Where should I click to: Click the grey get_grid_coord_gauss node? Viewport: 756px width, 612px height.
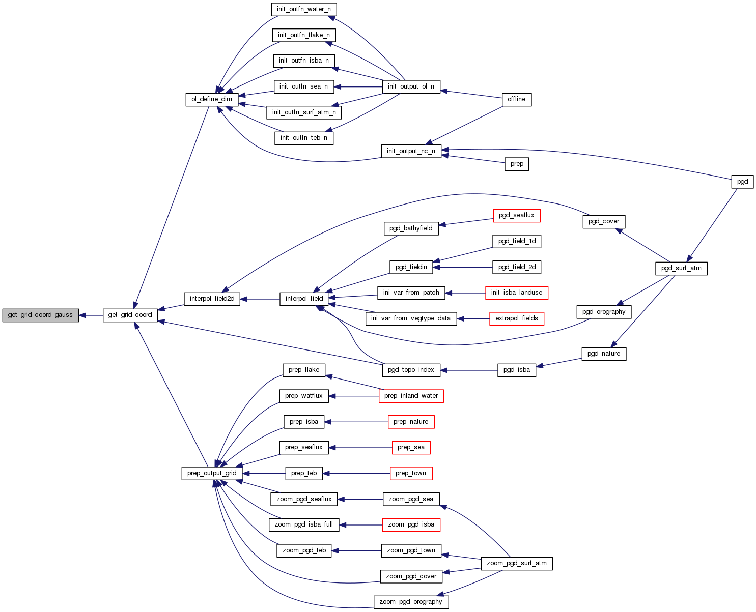pos(40,315)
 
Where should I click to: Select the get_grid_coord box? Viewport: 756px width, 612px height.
pos(130,315)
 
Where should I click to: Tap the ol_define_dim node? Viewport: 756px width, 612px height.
pos(211,99)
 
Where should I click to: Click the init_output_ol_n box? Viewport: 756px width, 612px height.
pos(411,86)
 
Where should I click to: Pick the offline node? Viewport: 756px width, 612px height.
pos(516,99)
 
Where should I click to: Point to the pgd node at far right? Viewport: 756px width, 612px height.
pos(742,182)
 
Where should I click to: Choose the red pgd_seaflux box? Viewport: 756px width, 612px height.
pos(516,215)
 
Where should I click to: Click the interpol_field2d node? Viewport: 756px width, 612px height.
pos(212,299)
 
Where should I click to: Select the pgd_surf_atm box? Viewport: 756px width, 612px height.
pos(681,268)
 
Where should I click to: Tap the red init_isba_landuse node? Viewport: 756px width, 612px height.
pos(516,293)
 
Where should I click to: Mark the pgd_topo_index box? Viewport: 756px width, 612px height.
pos(411,370)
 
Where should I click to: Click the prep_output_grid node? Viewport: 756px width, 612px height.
pos(212,473)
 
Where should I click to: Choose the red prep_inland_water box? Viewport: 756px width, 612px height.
pos(411,396)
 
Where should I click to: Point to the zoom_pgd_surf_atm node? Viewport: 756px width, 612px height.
pos(516,563)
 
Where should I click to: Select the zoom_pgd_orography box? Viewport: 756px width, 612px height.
pos(411,602)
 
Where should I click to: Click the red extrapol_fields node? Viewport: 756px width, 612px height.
pos(516,318)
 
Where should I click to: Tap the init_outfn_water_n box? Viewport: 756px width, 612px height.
pos(304,9)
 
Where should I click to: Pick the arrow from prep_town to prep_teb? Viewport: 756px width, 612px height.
pos(356,473)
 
